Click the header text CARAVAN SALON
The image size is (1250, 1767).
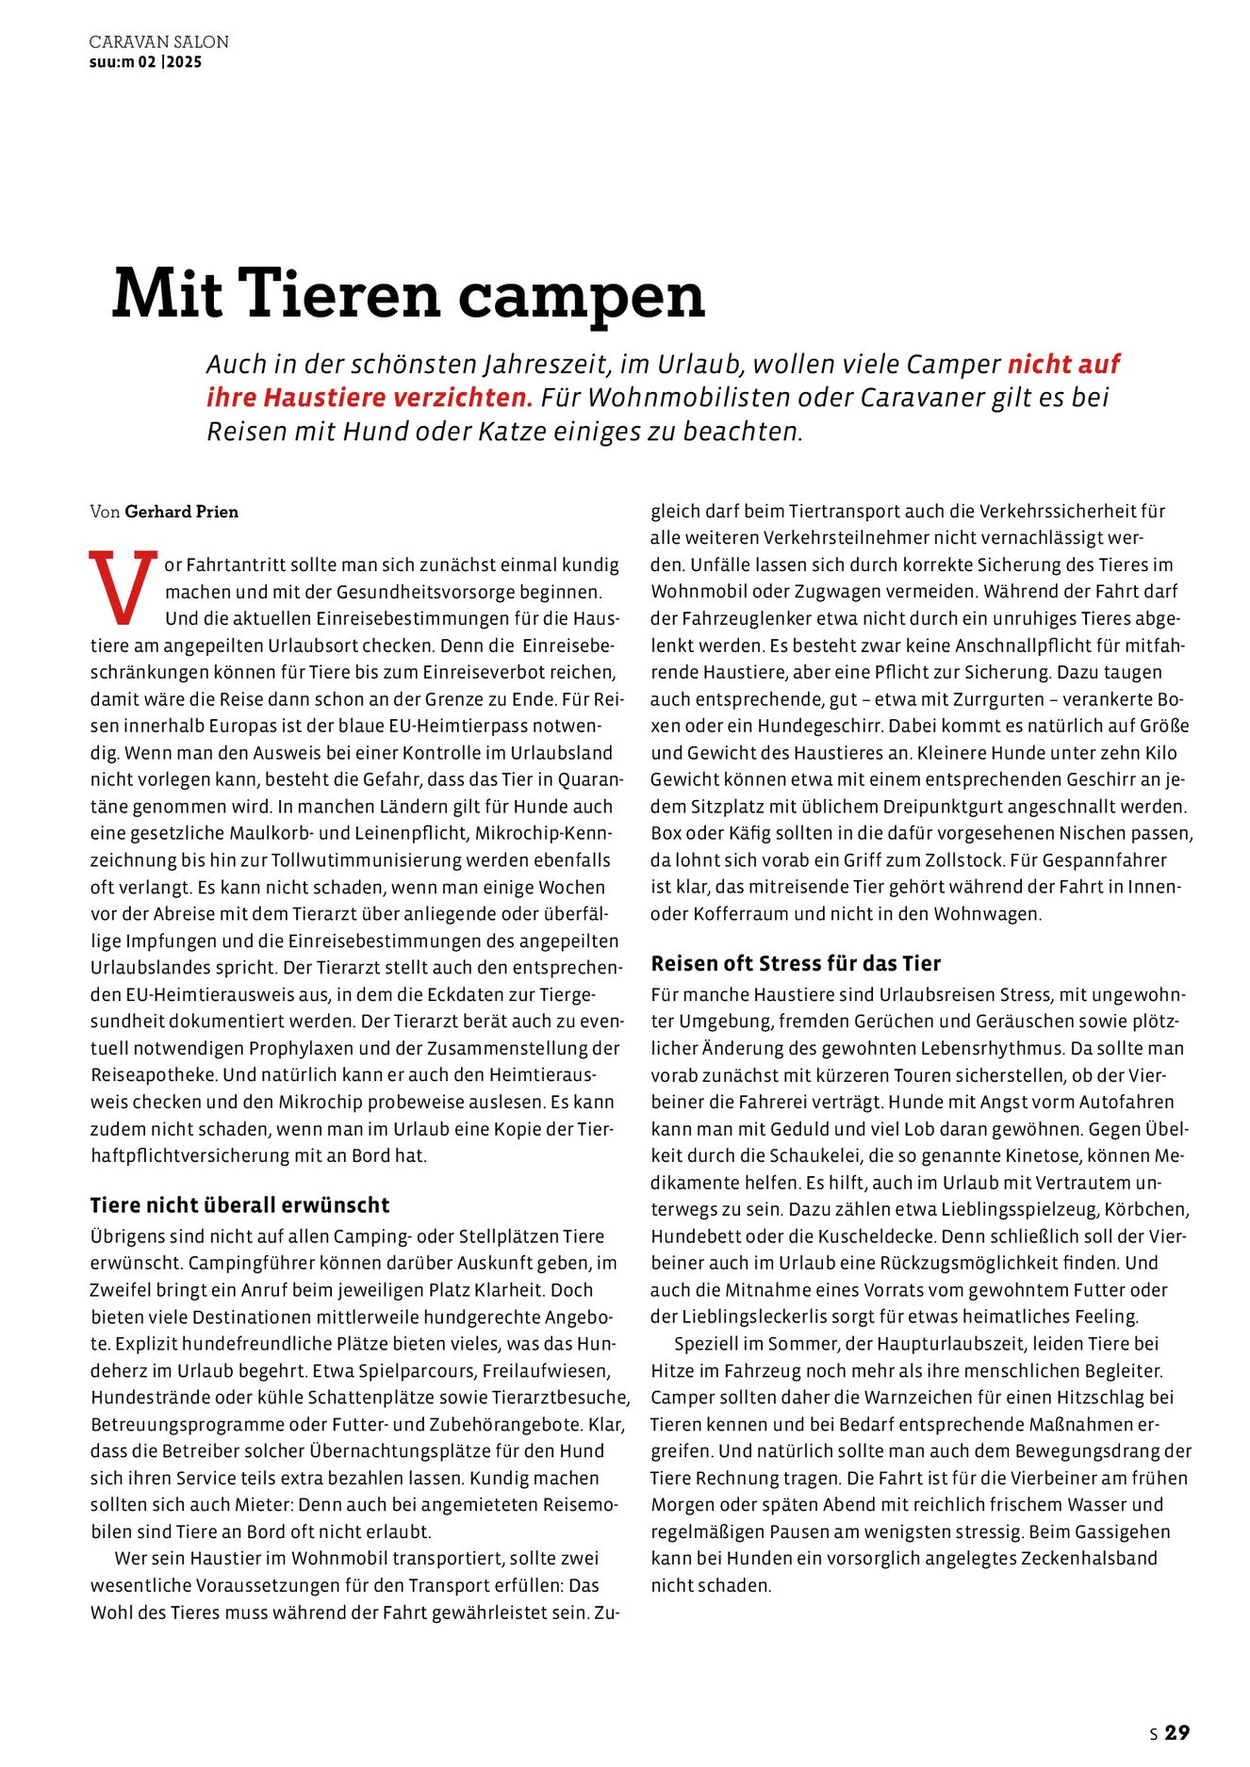pyautogui.click(x=158, y=42)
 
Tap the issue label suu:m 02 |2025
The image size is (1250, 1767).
pyautogui.click(x=145, y=62)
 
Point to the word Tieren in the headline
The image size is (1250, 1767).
pyautogui.click(x=340, y=294)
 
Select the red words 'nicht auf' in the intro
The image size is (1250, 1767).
pyautogui.click(x=1064, y=365)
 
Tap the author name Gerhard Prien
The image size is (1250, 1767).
pyautogui.click(x=181, y=512)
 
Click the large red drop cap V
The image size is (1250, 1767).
pyautogui.click(x=123, y=588)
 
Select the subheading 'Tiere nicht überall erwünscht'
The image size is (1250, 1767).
pyautogui.click(x=239, y=1205)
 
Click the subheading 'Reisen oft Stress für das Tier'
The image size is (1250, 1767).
pyautogui.click(x=796, y=963)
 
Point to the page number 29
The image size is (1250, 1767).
pyautogui.click(x=1177, y=1733)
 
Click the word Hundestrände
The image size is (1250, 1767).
pyautogui.click(x=150, y=1398)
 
